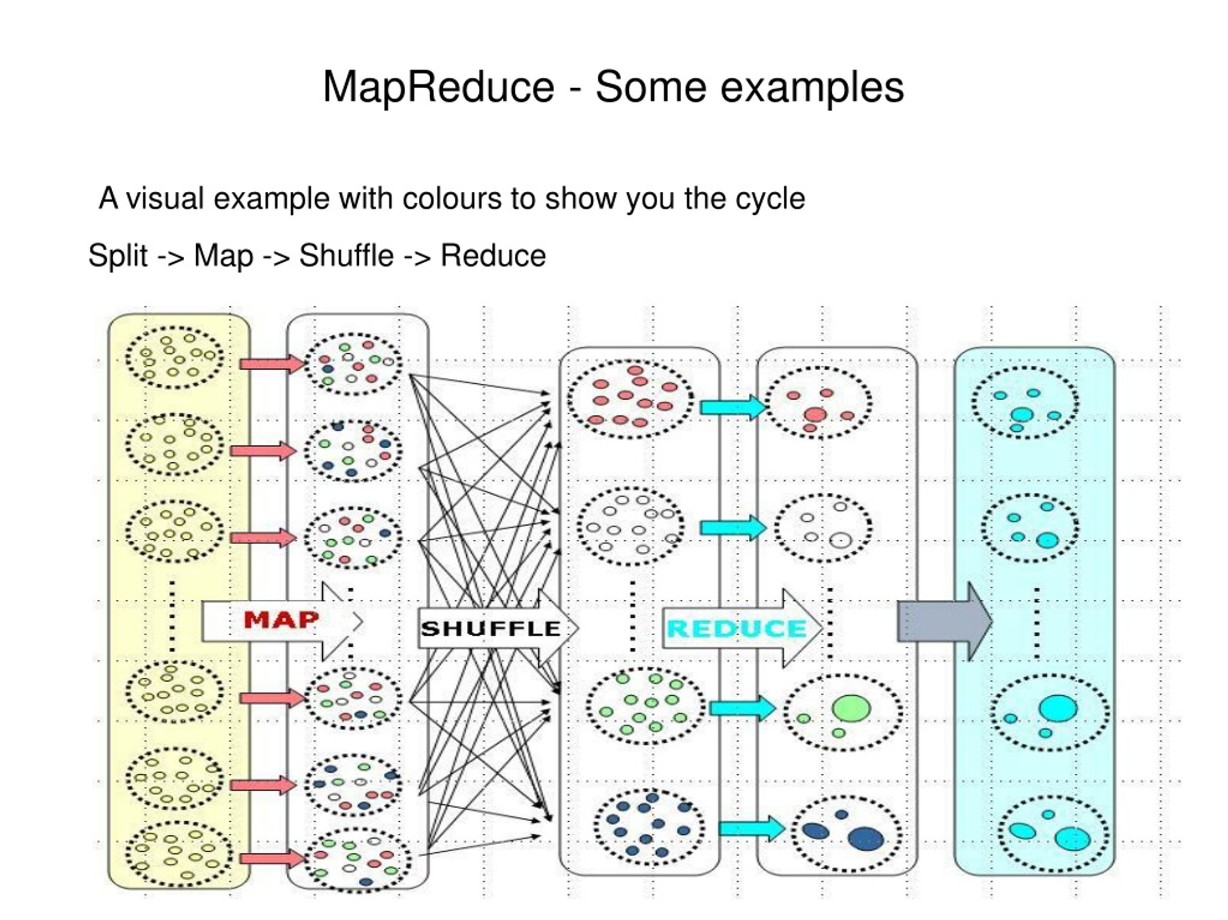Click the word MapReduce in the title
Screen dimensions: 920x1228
438,88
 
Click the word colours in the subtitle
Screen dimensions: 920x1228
452,198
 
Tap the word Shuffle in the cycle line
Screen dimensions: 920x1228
346,256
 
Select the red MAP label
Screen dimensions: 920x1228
281,620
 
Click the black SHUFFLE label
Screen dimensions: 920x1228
491,629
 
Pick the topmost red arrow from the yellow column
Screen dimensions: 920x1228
272,364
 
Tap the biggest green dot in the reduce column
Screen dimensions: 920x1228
851,708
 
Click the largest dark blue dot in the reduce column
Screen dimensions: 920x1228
865,839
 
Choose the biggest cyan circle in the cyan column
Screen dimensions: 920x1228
1058,708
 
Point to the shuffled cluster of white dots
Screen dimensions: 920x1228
630,525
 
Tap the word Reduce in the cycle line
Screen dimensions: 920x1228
493,256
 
